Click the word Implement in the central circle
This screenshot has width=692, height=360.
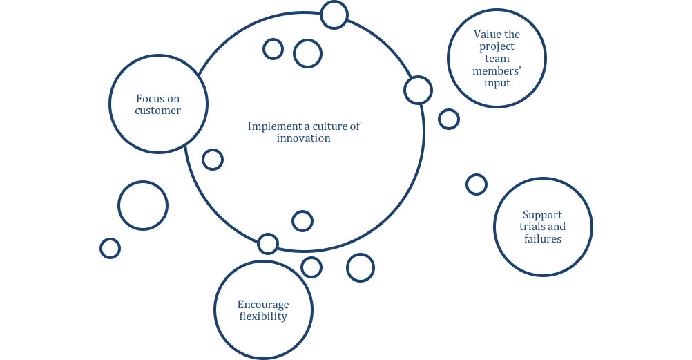[x=270, y=126]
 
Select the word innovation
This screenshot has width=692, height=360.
[x=304, y=138]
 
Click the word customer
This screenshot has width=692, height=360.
[x=158, y=111]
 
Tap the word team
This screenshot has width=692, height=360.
[x=497, y=59]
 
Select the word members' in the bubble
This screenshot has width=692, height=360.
[x=497, y=70]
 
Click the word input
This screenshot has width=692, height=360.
[x=497, y=83]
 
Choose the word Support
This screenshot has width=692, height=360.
[x=542, y=215]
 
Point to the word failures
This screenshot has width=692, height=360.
[x=542, y=239]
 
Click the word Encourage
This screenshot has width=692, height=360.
[x=263, y=305]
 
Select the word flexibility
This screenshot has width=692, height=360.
[x=263, y=316]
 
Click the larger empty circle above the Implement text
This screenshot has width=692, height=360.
[x=307, y=53]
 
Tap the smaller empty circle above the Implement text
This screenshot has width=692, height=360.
[x=273, y=48]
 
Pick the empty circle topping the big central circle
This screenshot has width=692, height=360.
[x=334, y=15]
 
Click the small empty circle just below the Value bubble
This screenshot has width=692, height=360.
[x=449, y=119]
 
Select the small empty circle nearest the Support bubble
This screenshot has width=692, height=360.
[x=477, y=184]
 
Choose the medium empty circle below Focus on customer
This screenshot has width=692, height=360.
[x=143, y=205]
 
